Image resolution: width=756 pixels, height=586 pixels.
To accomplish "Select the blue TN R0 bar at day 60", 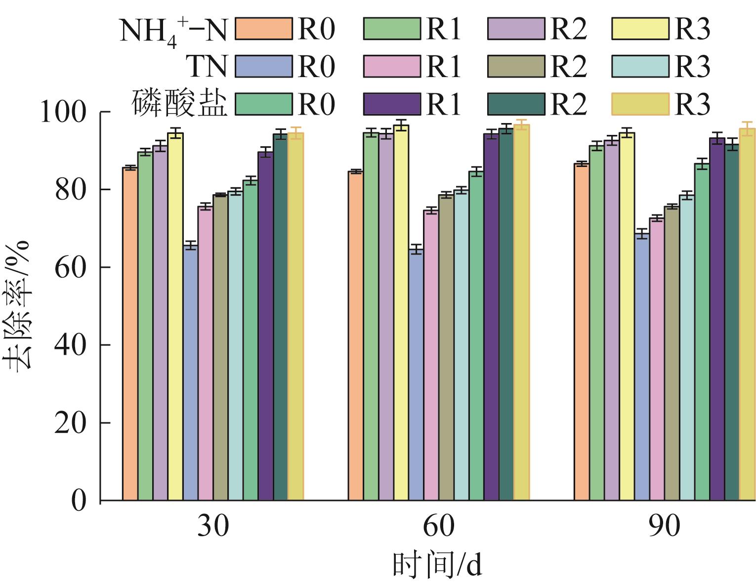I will (x=416, y=376).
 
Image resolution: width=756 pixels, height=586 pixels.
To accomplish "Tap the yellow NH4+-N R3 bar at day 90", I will (x=627, y=316).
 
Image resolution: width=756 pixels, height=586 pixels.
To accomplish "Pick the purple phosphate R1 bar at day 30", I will (x=265, y=326).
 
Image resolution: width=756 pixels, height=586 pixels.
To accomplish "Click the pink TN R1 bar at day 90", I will (x=657, y=359).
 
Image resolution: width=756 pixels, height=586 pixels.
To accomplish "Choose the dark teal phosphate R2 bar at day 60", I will (x=506, y=314).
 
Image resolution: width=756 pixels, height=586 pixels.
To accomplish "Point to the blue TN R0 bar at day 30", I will (x=190, y=373).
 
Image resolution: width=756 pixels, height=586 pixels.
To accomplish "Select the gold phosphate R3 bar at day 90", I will (x=747, y=314).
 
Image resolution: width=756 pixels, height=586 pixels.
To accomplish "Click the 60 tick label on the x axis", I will (x=438, y=526).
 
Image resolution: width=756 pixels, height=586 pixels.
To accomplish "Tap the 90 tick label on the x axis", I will (x=664, y=526).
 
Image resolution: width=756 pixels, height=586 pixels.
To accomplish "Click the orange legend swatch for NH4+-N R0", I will (x=264, y=29).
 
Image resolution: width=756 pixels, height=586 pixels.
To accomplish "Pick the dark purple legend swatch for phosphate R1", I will (x=392, y=104).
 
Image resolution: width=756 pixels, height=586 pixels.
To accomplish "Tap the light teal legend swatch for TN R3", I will (x=640, y=67).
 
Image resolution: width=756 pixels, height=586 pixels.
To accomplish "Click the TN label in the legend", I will (x=207, y=67).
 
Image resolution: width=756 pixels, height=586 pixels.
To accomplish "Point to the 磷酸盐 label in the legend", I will (x=180, y=104).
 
